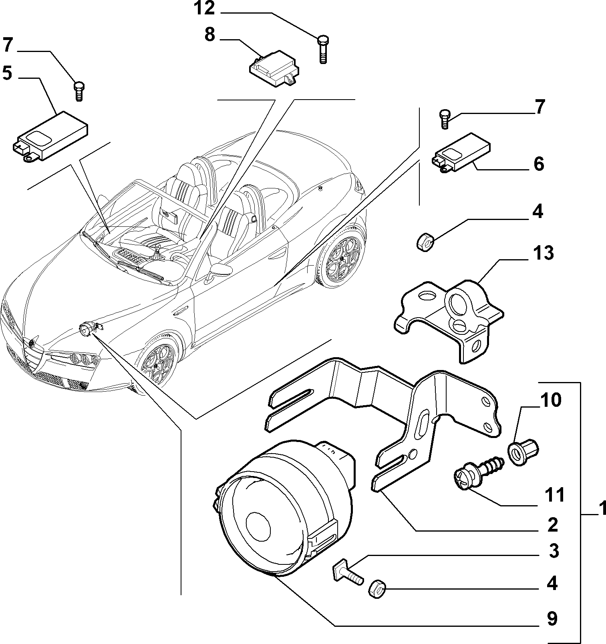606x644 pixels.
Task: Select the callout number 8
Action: tap(210, 35)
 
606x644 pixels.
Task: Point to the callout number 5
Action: tap(7, 73)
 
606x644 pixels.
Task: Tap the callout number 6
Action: tap(538, 164)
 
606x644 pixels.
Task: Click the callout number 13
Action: tap(543, 253)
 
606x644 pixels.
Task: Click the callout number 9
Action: tap(552, 619)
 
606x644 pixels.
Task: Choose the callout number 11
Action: tap(554, 495)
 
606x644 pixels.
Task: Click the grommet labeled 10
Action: tap(524, 452)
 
